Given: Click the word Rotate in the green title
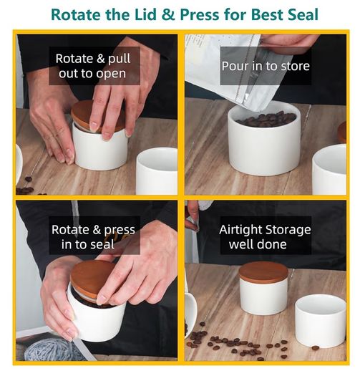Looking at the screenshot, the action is [77, 14].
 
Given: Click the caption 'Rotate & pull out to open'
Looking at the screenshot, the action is [93, 66].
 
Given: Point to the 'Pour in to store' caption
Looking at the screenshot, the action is [266, 66].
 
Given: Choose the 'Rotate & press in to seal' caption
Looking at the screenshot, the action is [93, 237].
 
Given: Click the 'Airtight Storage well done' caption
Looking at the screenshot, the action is [265, 237].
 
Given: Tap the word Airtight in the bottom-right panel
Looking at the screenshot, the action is [240, 230].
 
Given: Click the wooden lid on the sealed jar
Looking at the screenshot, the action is [263, 272].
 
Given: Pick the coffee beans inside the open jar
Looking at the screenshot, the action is [266, 119].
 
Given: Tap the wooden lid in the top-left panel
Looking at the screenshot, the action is [97, 116].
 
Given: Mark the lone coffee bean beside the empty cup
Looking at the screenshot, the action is [316, 347].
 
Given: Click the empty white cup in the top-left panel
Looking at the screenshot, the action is [157, 171].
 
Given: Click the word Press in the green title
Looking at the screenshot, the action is [200, 14].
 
